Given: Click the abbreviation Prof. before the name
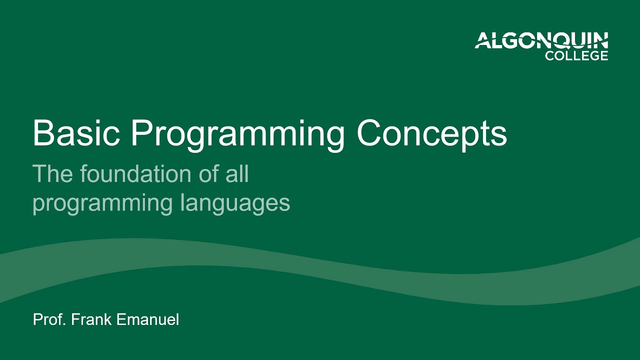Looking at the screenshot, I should (49, 320).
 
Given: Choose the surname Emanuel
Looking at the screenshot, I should (147, 320).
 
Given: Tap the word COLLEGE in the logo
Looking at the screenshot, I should (576, 55).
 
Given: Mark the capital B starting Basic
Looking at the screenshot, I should (41, 133).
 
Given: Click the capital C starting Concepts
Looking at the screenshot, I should (369, 133).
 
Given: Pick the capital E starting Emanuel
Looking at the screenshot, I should (120, 320).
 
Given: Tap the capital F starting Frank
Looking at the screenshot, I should (75, 320).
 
